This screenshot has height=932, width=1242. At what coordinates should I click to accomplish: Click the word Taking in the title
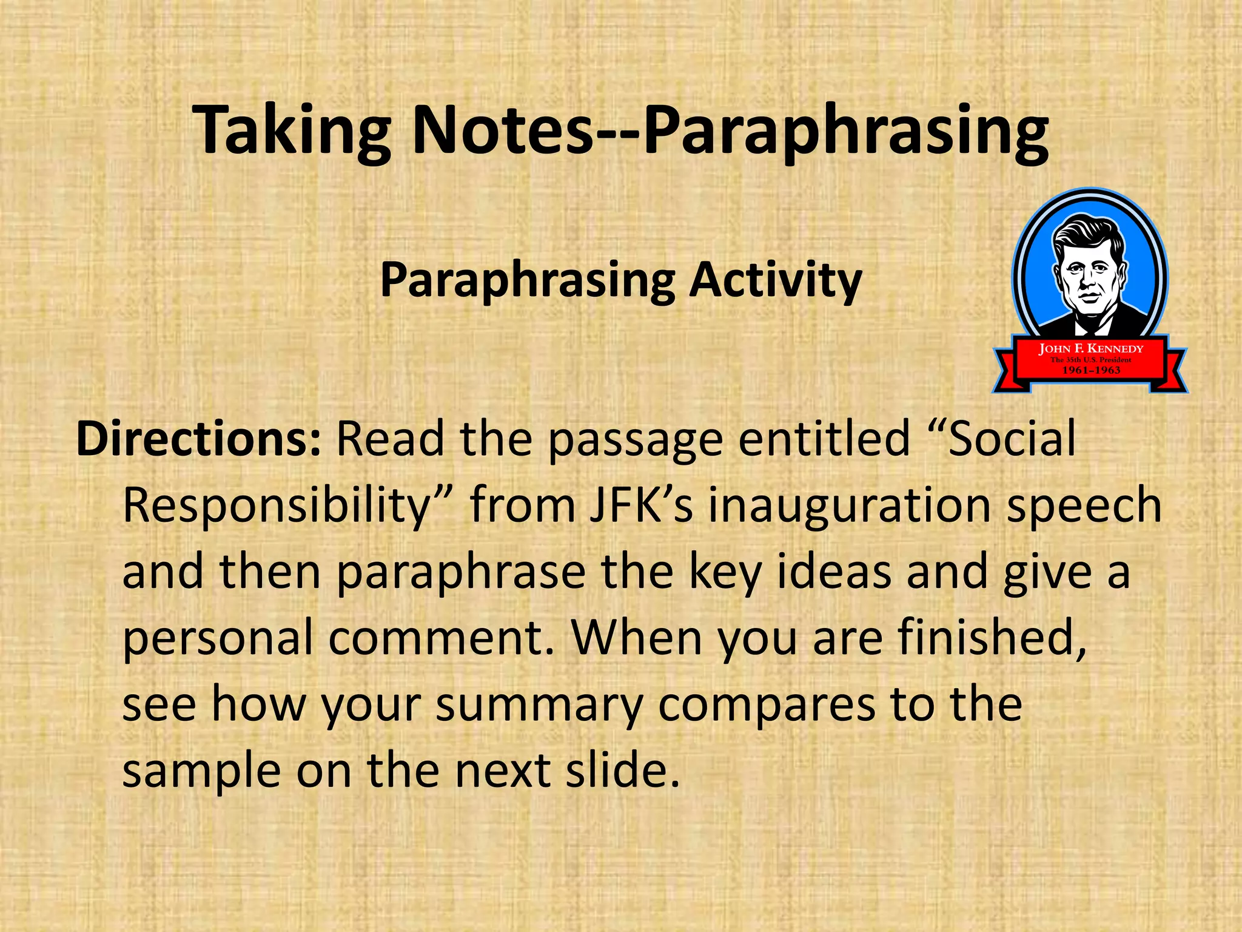click(x=291, y=131)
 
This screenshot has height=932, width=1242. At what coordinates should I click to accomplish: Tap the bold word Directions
click(x=198, y=438)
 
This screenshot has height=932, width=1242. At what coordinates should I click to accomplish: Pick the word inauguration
click(x=851, y=505)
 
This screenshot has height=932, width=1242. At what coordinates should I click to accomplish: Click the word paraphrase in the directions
click(x=461, y=572)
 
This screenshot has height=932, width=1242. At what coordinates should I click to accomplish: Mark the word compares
click(x=767, y=706)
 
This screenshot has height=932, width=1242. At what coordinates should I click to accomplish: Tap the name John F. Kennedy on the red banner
click(x=1090, y=349)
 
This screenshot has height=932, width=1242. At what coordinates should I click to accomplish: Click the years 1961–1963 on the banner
click(x=1090, y=370)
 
